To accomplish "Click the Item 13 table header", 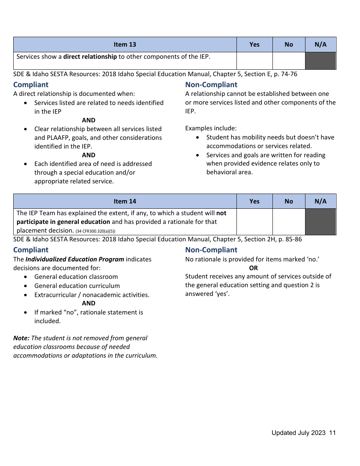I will (x=125, y=44).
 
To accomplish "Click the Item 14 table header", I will (x=125, y=201).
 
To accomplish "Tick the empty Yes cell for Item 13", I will (x=254, y=61).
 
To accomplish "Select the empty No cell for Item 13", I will (x=288, y=61).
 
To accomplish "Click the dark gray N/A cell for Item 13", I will (x=320, y=61).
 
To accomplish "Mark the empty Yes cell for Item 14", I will (x=254, y=222).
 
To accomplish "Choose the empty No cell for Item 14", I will (x=288, y=222).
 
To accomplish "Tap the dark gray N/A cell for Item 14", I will (x=320, y=222).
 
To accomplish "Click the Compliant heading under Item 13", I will (x=31, y=84).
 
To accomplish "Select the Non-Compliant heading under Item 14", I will (x=211, y=250).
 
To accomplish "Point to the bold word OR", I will (x=253, y=268).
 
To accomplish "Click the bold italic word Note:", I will (x=21, y=338).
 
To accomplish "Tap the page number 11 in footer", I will (x=332, y=433).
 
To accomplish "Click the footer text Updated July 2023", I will (x=298, y=433).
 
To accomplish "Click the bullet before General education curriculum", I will (x=25, y=286).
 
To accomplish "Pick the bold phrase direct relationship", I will (x=90, y=56).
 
